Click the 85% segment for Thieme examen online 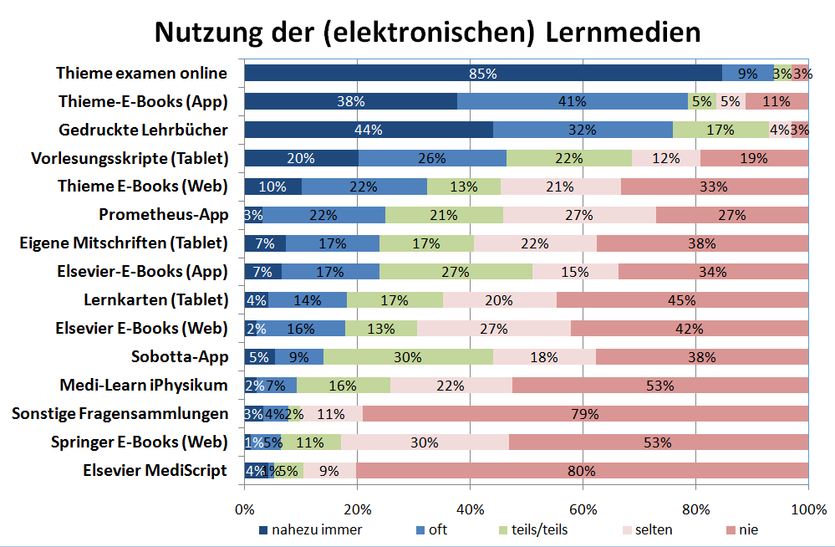483,74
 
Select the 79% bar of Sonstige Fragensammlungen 585,414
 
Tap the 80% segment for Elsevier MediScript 582,471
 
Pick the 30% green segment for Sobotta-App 408,357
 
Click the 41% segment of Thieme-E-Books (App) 572,102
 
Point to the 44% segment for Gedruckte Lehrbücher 369,130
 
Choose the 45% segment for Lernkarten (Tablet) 682,300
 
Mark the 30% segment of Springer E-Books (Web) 425,442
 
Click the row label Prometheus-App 163,215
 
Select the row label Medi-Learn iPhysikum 144,386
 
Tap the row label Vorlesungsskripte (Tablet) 130,158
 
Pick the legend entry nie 749,529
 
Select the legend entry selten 653,529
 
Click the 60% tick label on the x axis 583,509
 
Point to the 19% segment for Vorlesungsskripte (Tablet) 754,159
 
